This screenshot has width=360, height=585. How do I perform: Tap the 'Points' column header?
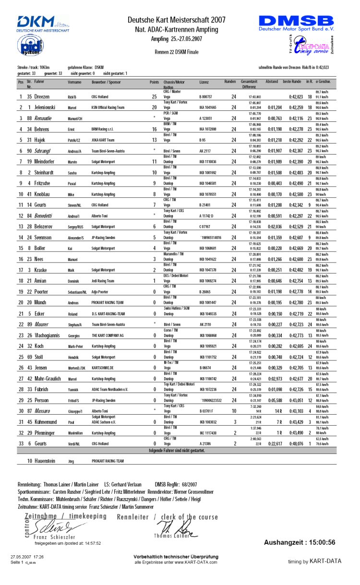tap(154, 82)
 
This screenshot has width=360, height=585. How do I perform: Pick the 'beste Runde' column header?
tap(292, 82)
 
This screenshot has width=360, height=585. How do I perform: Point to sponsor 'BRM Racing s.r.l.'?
tap(105, 129)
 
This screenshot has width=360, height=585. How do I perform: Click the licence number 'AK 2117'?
tap(205, 151)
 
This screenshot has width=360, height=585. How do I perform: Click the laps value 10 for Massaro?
tap(234, 411)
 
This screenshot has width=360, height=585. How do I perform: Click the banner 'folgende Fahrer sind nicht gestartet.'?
tap(176, 451)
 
